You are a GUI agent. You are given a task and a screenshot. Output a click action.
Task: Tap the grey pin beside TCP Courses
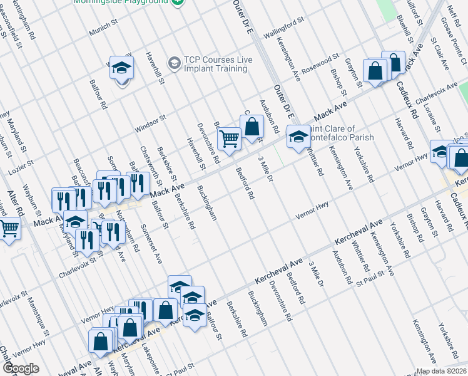(x=174, y=61)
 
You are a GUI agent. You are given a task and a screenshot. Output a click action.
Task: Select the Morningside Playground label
(x=121, y=2)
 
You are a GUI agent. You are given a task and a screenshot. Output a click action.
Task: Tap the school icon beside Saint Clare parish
(x=298, y=135)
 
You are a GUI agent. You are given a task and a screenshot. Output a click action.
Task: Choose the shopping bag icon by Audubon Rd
(x=252, y=127)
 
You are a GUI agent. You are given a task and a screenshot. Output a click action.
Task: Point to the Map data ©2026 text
(x=440, y=371)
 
